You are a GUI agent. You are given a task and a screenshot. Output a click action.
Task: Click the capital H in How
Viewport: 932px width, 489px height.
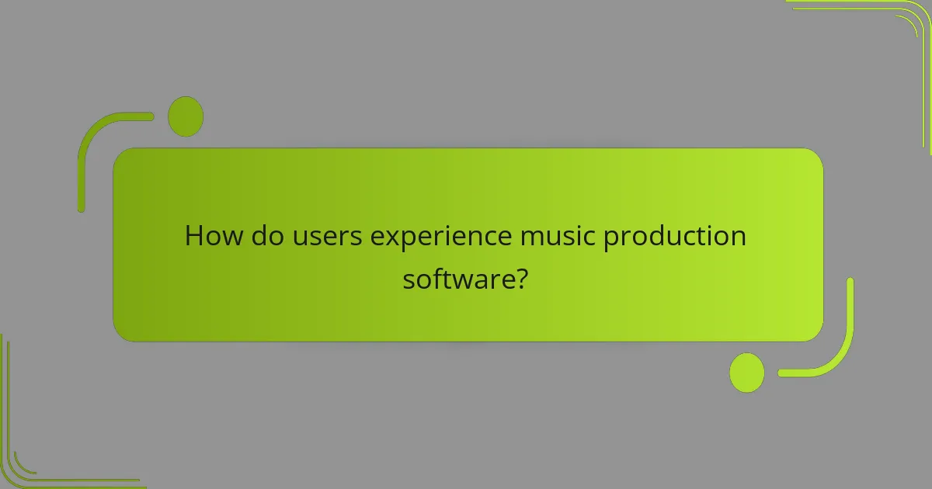point(194,236)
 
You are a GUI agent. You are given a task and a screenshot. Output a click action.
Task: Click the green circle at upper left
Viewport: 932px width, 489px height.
point(186,116)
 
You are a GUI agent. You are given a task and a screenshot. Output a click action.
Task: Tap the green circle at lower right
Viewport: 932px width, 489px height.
point(746,373)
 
